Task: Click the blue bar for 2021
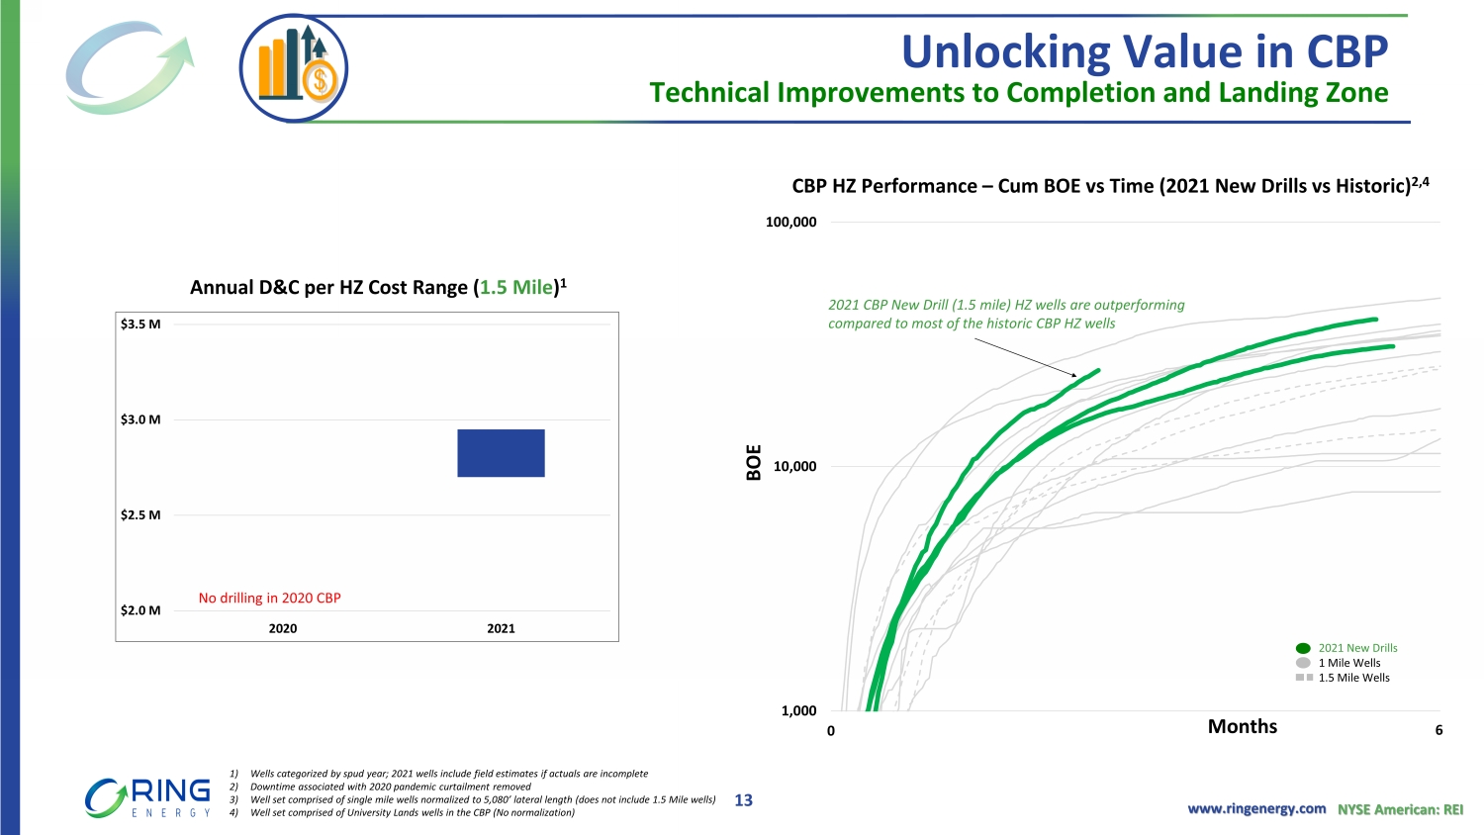coord(501,453)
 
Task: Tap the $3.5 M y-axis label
coord(140,325)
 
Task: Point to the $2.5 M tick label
coord(140,514)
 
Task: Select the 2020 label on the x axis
coord(283,628)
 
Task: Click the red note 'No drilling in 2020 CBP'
coord(270,598)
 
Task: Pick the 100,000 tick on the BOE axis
coord(791,222)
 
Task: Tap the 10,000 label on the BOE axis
coord(795,467)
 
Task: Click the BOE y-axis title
coord(754,463)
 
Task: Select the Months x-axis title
coord(1243,726)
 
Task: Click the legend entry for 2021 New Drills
coord(1346,648)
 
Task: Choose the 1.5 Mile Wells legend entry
coord(1343,678)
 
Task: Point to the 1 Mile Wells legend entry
coord(1339,663)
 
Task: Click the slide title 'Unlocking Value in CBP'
coord(1145,51)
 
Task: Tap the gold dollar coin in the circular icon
coord(321,81)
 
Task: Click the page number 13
coord(743,800)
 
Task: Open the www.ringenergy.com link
coord(1256,808)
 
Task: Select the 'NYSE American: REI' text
coord(1401,809)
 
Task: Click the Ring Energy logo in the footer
coord(147,797)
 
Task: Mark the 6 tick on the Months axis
coord(1438,730)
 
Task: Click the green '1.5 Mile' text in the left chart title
coord(516,288)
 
